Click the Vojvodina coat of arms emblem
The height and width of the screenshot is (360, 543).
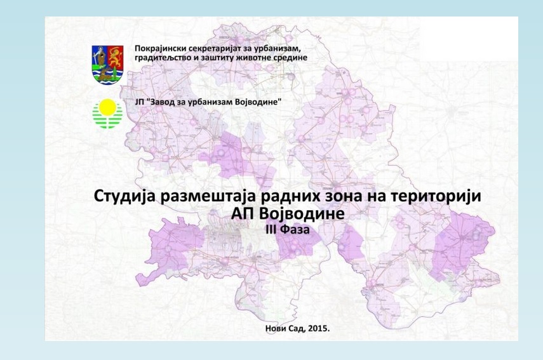pyautogui.click(x=107, y=64)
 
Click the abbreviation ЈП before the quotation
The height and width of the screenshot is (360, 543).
pyautogui.click(x=140, y=102)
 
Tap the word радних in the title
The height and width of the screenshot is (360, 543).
pyautogui.click(x=293, y=197)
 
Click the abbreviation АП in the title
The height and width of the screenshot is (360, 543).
pyautogui.click(x=243, y=213)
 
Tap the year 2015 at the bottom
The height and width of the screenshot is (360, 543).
pyautogui.click(x=318, y=328)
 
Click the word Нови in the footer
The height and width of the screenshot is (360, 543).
pyautogui.click(x=275, y=328)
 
